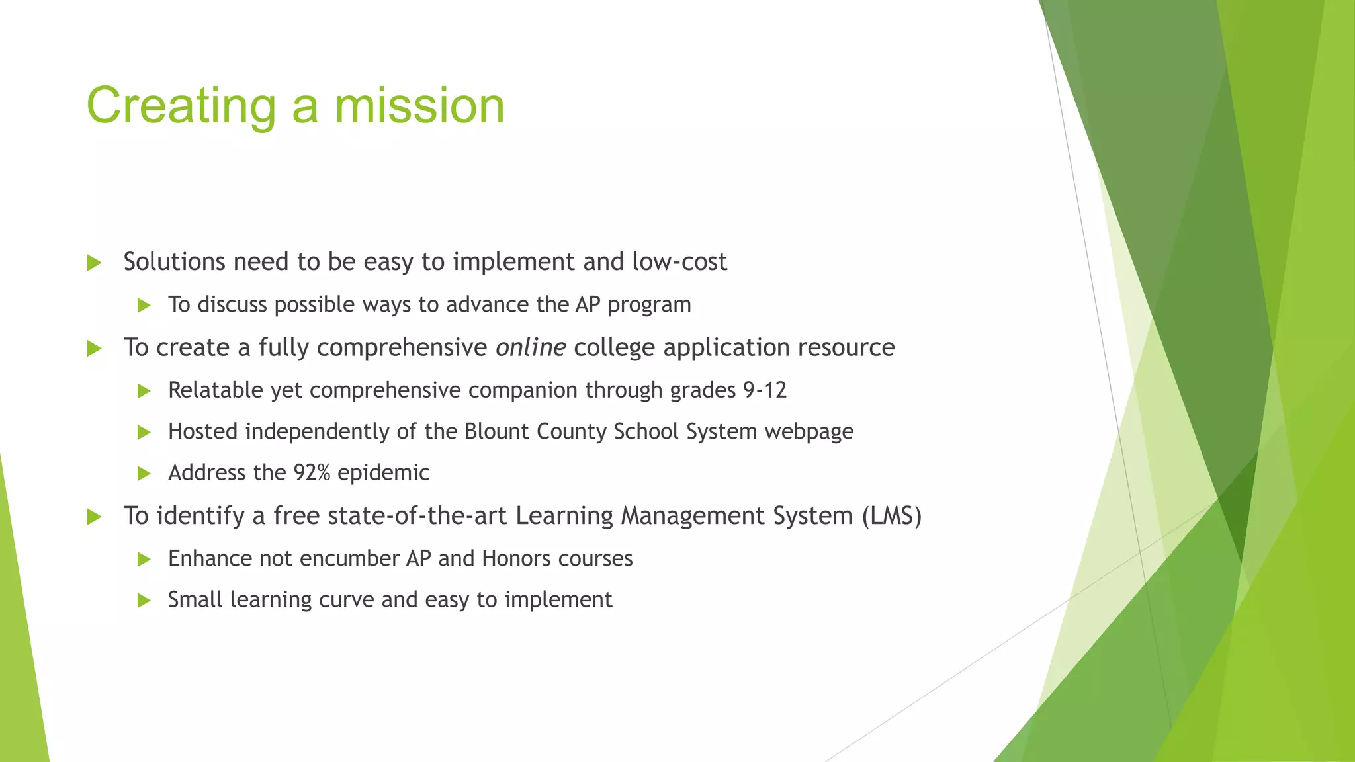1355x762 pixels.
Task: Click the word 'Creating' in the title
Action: (x=181, y=106)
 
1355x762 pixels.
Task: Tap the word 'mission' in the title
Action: (x=419, y=106)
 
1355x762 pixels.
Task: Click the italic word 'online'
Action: (x=531, y=347)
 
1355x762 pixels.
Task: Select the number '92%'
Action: (x=312, y=473)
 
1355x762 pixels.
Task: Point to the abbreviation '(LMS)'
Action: (x=891, y=515)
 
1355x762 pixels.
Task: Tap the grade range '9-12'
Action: (x=765, y=390)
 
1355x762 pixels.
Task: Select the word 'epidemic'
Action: (x=383, y=473)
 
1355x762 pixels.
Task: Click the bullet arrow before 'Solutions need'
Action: (x=94, y=263)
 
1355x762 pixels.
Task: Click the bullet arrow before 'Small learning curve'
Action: (x=144, y=601)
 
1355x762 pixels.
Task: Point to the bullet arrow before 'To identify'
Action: (x=94, y=517)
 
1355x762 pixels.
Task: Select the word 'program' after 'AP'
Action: (x=649, y=305)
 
